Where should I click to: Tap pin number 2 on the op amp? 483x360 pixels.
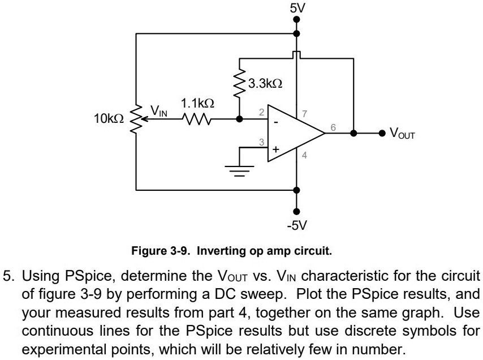(x=261, y=113)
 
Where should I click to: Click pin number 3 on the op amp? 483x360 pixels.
(x=261, y=142)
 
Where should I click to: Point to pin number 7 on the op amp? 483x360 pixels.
(x=305, y=114)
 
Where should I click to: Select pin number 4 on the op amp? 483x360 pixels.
(x=305, y=156)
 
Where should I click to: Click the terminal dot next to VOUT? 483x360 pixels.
(x=382, y=134)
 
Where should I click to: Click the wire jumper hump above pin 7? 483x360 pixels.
(x=297, y=54)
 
